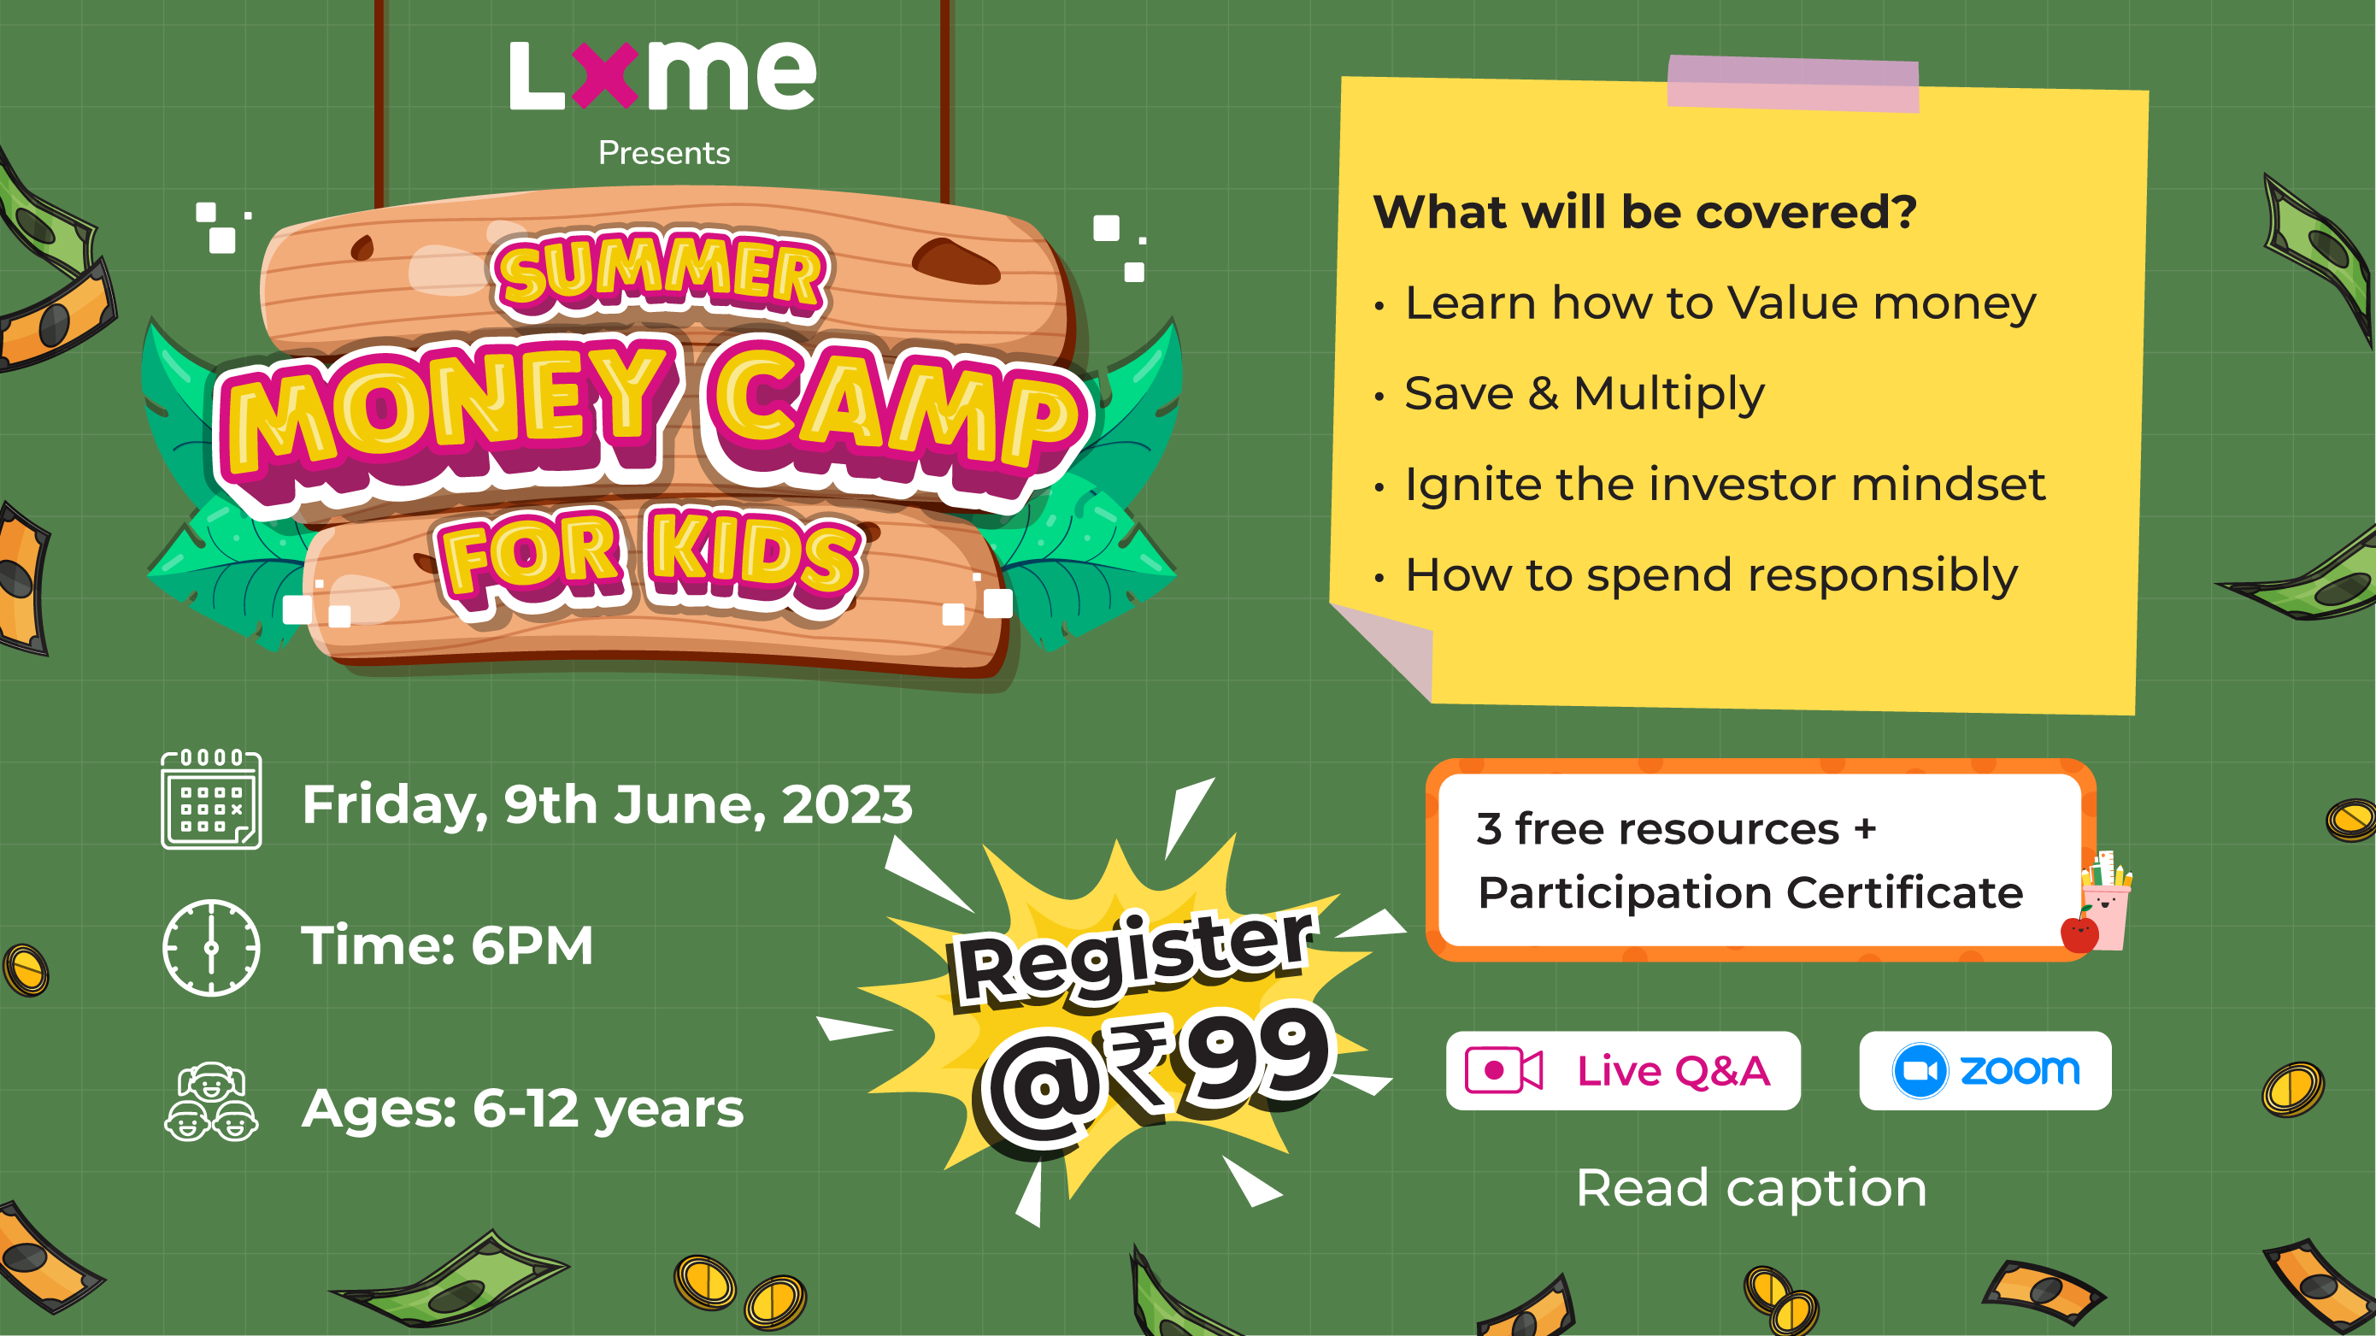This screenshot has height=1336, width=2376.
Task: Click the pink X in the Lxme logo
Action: click(x=605, y=76)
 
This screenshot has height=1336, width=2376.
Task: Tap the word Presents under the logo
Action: click(x=664, y=152)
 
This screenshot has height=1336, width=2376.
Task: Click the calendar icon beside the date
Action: click(x=211, y=799)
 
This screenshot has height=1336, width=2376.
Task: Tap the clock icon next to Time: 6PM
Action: click(x=211, y=948)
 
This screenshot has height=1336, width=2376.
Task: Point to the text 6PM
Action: click(x=532, y=945)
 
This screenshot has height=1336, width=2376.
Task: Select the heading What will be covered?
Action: click(x=1644, y=212)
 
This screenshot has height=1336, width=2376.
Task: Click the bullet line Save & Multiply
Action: click(x=1585, y=394)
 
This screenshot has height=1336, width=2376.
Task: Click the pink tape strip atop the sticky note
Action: click(x=1793, y=84)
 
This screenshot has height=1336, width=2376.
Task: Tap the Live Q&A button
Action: click(x=1622, y=1070)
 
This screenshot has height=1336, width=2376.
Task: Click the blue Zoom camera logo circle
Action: click(x=1920, y=1070)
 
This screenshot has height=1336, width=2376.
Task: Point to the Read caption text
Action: click(x=1751, y=1188)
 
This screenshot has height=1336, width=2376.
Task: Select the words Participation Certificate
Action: click(x=1750, y=893)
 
